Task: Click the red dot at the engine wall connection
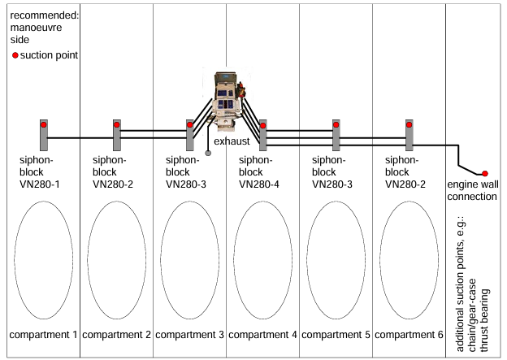pos(484,173)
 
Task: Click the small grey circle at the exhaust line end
pos(208,153)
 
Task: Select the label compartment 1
pos(43,334)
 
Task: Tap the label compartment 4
pos(262,334)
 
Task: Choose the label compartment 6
pos(409,334)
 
